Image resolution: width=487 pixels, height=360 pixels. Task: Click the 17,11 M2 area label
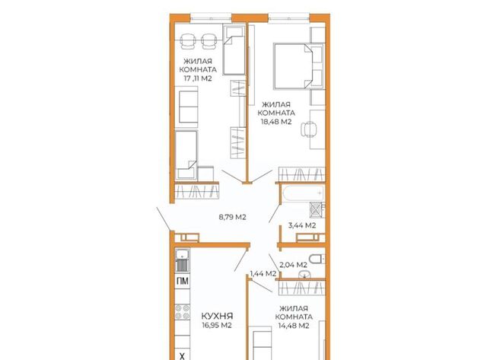click(x=198, y=78)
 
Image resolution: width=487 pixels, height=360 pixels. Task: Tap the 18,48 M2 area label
click(x=276, y=122)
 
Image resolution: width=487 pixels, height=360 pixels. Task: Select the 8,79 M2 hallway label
click(x=232, y=217)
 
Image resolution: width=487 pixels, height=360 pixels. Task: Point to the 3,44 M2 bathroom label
click(x=302, y=225)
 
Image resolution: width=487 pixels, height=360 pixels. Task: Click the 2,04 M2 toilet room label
click(x=293, y=265)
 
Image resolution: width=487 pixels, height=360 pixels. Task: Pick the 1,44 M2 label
click(x=263, y=274)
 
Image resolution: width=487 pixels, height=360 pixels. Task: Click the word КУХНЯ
click(x=217, y=316)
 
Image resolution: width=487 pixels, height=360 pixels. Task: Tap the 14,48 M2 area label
click(x=294, y=326)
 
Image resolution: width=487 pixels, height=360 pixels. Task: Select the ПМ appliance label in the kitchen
click(x=183, y=281)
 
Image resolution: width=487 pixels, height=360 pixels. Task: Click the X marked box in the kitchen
click(x=183, y=355)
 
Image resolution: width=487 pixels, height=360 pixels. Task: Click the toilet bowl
click(x=317, y=259)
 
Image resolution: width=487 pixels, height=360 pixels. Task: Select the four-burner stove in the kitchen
click(x=183, y=312)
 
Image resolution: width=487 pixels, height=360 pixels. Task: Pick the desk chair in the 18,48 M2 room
click(x=309, y=129)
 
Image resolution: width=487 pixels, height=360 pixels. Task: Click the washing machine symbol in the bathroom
click(x=317, y=210)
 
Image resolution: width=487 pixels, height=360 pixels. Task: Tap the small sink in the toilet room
click(x=304, y=275)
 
